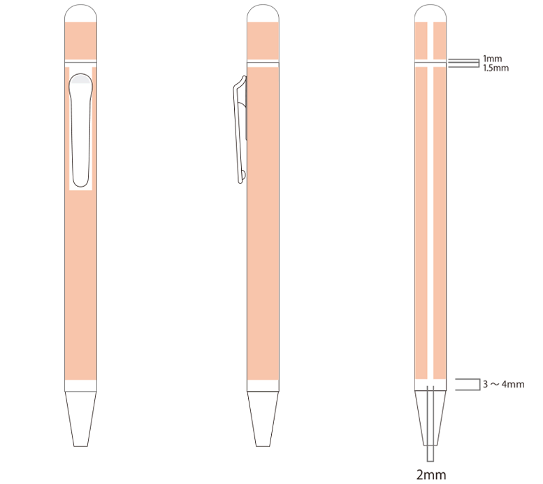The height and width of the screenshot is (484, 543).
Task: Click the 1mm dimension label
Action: pos(492,59)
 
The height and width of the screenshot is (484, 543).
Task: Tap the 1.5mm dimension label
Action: pos(496,68)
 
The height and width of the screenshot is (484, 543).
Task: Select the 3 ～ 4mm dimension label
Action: pos(504,384)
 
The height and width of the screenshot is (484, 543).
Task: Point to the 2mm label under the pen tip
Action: pos(430,475)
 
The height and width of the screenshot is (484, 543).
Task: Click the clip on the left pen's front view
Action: pos(81,130)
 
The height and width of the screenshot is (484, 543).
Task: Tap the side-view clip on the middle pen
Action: pos(240,130)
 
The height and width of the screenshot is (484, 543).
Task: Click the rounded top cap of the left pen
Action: pos(80,13)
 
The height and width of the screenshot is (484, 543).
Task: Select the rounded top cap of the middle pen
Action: pos(263,13)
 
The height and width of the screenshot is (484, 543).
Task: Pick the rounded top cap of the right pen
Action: pos(430,13)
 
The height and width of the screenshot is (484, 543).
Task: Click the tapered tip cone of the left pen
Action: pos(80,419)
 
